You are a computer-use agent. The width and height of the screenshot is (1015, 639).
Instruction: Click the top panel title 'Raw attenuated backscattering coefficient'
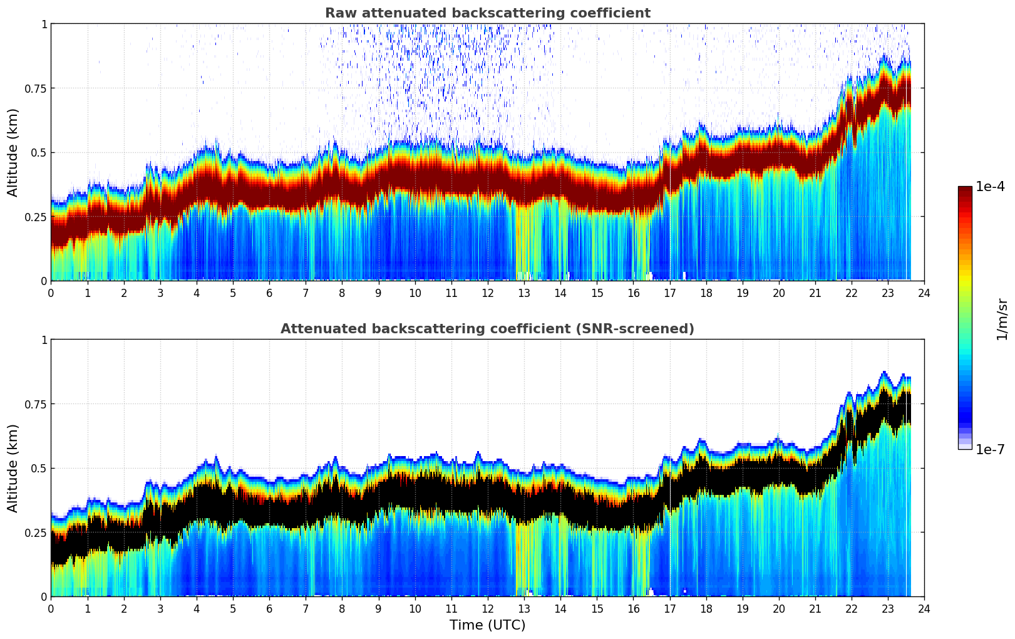(x=487, y=13)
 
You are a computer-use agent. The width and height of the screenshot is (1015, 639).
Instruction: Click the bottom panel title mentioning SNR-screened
(x=487, y=329)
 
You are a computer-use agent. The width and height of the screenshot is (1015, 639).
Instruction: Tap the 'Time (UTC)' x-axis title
(x=487, y=625)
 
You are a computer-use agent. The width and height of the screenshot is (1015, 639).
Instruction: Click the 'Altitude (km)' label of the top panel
(x=13, y=152)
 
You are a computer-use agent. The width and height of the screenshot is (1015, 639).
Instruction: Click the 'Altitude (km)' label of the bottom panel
(x=13, y=468)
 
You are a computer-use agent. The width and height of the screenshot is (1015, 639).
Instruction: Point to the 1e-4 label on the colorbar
(x=990, y=187)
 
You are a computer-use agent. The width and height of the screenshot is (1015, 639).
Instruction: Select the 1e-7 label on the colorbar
(x=990, y=449)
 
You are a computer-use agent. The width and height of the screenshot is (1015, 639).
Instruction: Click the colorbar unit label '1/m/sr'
(x=1002, y=319)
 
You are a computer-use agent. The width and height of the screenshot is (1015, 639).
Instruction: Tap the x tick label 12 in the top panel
(x=487, y=293)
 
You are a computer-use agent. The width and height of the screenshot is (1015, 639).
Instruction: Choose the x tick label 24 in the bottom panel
(x=924, y=608)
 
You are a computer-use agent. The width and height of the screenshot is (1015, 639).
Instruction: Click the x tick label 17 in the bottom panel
(x=669, y=608)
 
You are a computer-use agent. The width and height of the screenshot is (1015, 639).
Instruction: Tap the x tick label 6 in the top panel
(x=269, y=293)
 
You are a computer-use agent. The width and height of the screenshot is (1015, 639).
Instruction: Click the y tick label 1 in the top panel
(x=44, y=24)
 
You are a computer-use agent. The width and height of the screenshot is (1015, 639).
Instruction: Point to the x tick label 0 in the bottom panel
(x=51, y=608)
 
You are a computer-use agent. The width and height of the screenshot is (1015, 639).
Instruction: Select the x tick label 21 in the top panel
(x=815, y=293)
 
